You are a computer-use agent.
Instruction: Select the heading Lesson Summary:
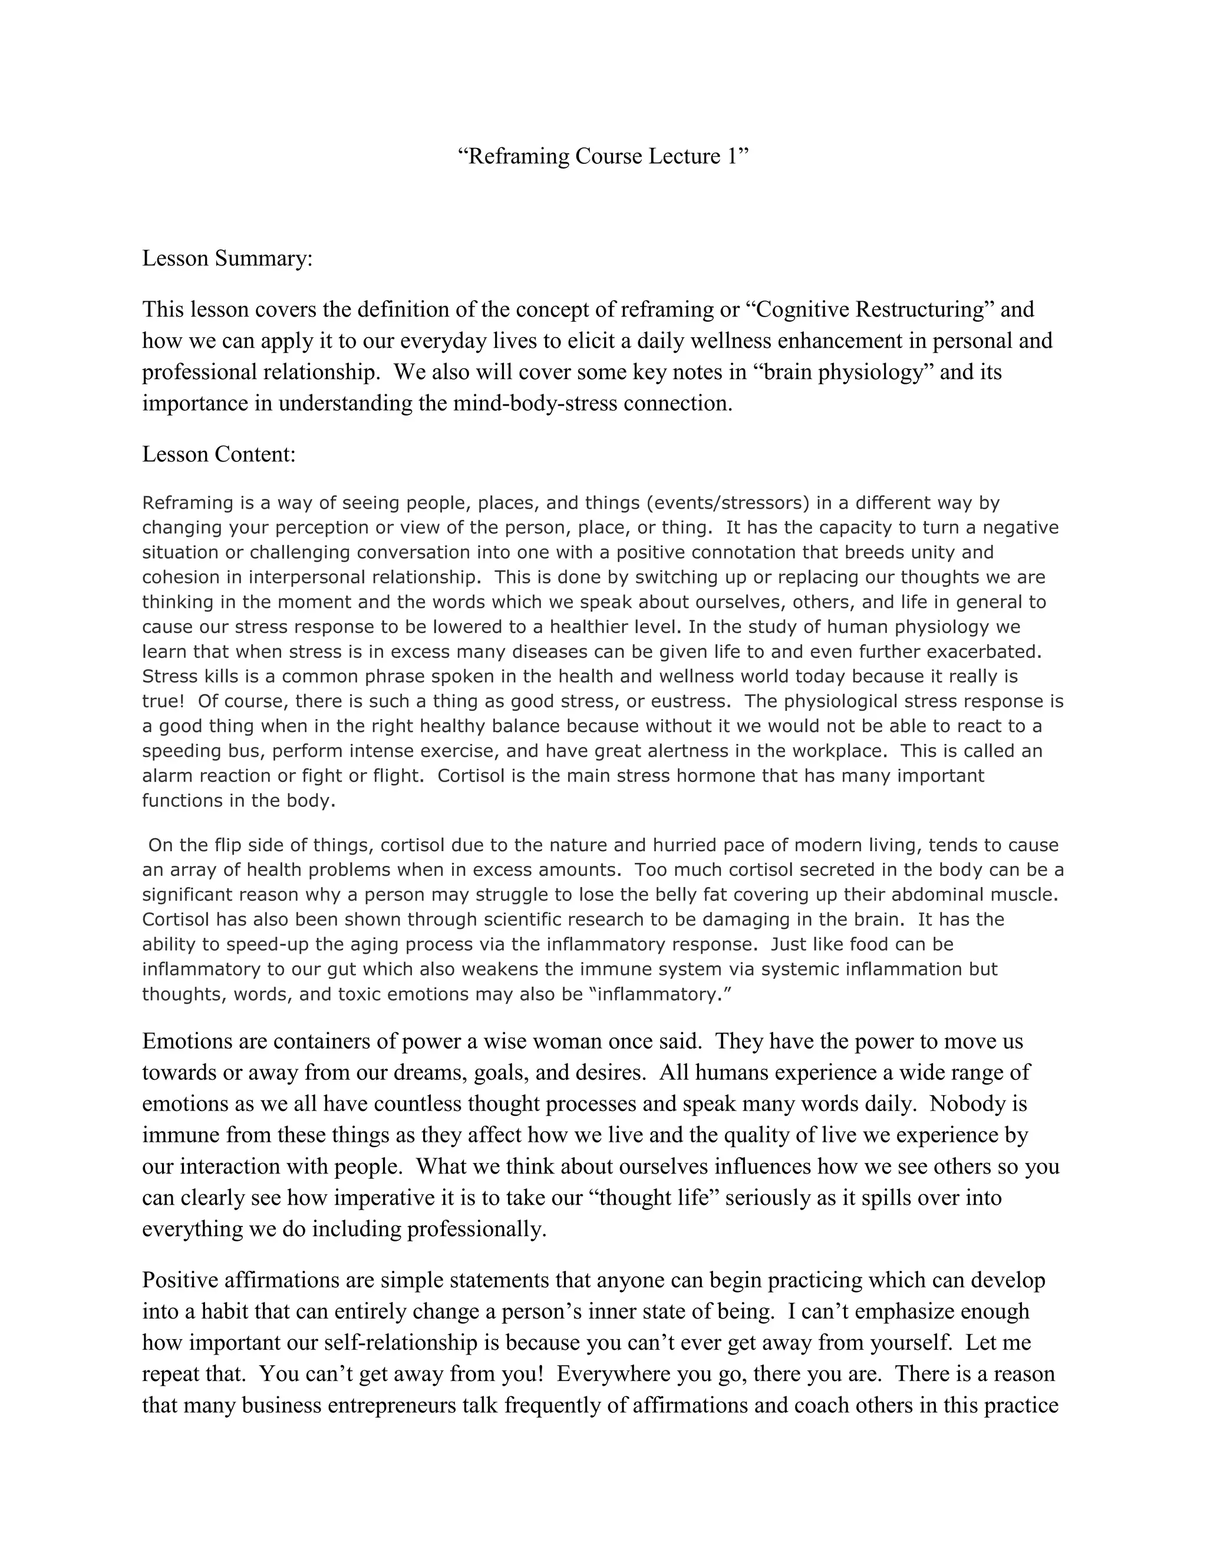tap(227, 258)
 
